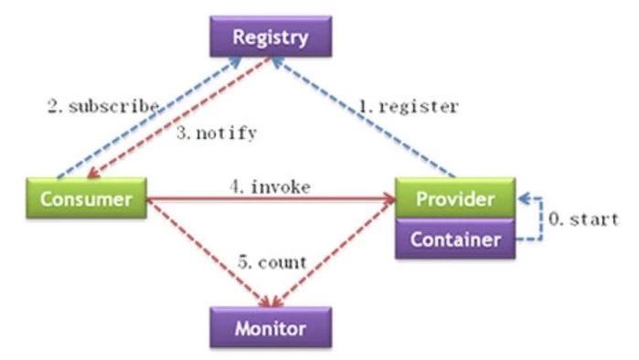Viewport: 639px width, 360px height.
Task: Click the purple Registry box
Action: (271, 37)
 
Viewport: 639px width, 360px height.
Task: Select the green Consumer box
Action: (87, 198)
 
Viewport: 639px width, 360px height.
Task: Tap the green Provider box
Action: (455, 198)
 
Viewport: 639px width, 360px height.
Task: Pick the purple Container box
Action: (455, 238)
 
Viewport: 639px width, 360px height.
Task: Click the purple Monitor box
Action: (271, 327)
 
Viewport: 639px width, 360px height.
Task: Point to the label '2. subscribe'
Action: (103, 106)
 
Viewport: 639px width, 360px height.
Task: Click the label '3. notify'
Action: (217, 132)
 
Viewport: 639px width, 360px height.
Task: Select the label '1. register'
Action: (409, 106)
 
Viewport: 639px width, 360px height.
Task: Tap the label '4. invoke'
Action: (270, 187)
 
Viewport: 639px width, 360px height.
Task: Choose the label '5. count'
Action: (272, 262)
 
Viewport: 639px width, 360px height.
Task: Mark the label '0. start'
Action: (583, 219)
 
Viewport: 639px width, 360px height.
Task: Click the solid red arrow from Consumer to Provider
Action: (271, 199)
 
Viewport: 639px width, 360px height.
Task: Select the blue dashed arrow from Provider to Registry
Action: (363, 117)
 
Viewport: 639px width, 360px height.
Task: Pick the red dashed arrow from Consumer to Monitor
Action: (208, 253)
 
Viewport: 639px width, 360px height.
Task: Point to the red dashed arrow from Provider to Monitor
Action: (335, 253)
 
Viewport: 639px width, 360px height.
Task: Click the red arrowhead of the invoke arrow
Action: (390, 199)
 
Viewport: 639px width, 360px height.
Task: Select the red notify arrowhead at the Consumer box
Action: (93, 174)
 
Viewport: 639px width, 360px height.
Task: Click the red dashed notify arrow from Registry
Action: (179, 118)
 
